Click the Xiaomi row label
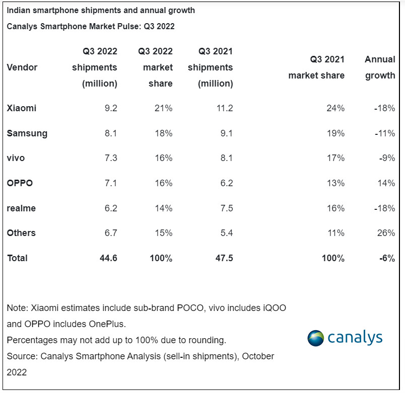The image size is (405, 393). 22,108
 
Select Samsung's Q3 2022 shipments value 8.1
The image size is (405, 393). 110,133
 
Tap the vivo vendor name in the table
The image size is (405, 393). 16,158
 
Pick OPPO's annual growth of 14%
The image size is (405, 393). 386,183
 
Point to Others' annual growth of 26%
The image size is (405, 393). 386,233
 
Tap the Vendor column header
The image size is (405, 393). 22,67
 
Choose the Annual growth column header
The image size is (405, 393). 380,67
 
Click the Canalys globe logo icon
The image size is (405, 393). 316,338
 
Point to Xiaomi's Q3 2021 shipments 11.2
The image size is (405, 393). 223,108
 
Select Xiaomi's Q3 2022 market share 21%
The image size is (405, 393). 164,108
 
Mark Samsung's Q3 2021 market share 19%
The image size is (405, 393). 335,133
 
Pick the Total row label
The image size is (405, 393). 18,258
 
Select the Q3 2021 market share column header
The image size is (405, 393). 316,67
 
